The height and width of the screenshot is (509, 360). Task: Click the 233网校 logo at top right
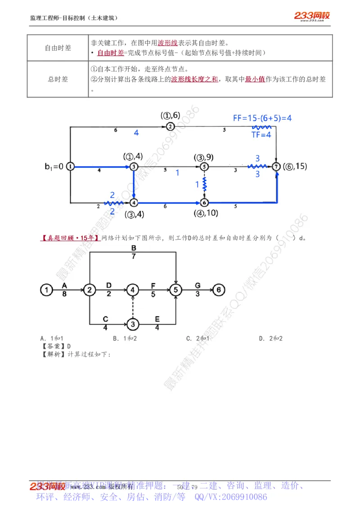point(312,16)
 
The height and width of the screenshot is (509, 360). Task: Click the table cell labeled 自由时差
point(58,48)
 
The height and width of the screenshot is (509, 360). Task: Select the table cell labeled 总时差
point(58,79)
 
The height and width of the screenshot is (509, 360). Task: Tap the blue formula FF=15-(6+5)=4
point(262,118)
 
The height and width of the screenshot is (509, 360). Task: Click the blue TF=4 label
point(261,134)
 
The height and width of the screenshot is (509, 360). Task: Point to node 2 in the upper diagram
point(170,126)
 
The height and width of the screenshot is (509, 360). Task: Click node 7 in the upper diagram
point(276,167)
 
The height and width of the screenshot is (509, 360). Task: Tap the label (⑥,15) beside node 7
point(295,166)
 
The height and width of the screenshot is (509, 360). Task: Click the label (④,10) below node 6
point(206,213)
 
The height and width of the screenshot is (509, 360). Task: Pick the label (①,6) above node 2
point(170,116)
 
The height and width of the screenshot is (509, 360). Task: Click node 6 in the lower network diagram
point(218,290)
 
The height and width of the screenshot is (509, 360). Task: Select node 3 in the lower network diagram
point(132,323)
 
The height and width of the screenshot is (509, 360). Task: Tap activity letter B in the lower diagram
point(134,249)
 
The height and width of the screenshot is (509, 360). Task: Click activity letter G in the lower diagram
point(198,285)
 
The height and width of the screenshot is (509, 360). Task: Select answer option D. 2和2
point(270,338)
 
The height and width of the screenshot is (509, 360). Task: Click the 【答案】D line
point(56,346)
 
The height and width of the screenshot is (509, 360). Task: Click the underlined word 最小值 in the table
point(255,79)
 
